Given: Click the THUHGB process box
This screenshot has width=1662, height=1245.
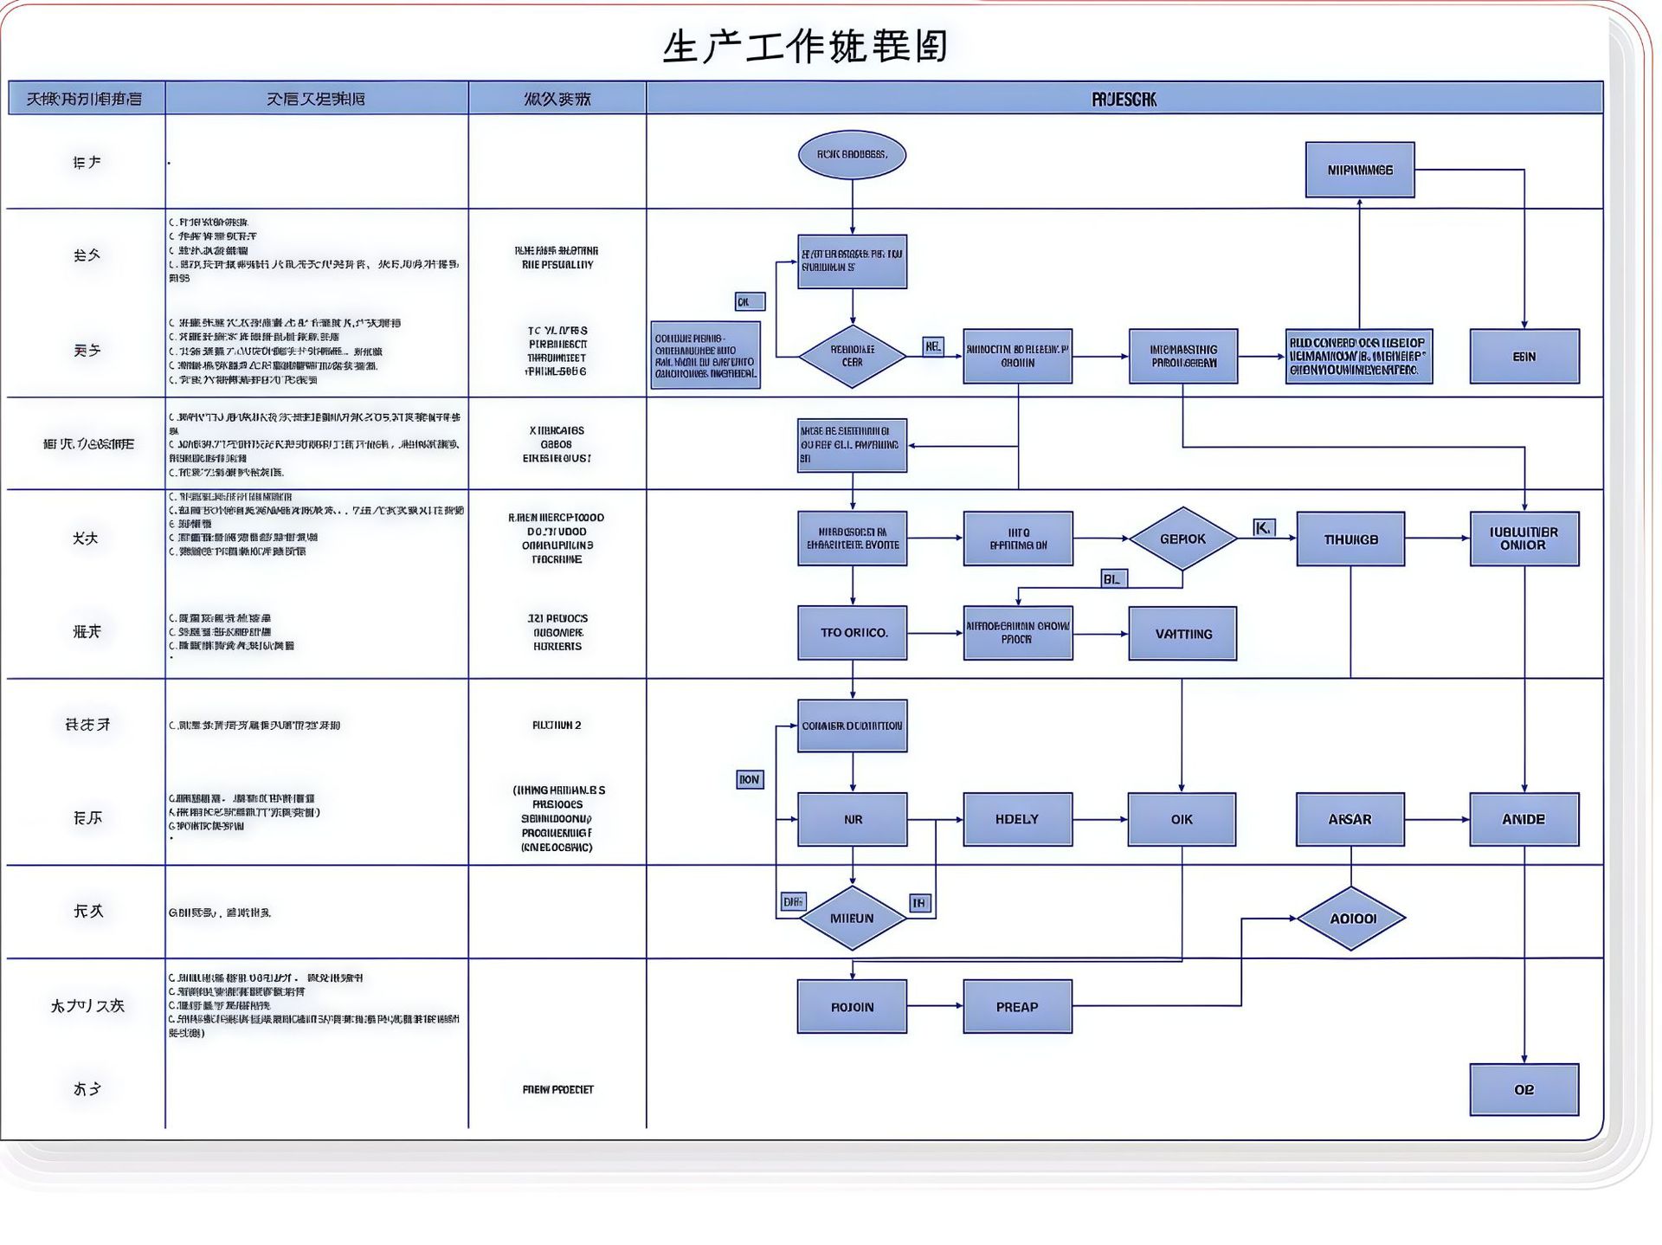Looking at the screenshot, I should click(x=1350, y=539).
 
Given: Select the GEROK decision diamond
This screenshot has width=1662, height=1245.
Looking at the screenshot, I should click(x=1182, y=539).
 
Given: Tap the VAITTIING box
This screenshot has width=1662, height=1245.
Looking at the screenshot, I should click(x=1182, y=633).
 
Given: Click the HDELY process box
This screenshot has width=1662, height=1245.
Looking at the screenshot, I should click(x=1017, y=819).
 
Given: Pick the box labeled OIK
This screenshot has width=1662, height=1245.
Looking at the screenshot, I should click(x=1182, y=819).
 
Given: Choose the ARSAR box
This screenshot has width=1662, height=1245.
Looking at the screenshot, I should click(x=1350, y=819).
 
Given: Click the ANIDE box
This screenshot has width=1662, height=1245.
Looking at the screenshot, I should click(x=1523, y=819).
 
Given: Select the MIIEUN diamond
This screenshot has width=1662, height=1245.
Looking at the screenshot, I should click(x=853, y=918).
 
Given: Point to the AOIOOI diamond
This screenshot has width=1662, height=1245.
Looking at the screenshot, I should click(x=1351, y=918).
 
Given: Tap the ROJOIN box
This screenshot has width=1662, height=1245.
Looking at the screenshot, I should click(x=852, y=1006).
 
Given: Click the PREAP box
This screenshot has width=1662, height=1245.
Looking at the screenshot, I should click(x=1017, y=1006).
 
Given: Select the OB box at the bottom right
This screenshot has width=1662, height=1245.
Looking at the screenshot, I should click(x=1523, y=1089).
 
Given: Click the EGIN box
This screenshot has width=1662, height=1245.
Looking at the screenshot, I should click(x=1524, y=356).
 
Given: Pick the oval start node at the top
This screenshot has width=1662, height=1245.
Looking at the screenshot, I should click(x=852, y=155).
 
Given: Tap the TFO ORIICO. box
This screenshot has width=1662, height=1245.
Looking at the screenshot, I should click(x=853, y=633).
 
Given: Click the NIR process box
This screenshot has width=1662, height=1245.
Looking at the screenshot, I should click(x=853, y=819).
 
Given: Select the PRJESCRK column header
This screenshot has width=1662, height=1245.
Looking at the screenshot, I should click(x=1124, y=99).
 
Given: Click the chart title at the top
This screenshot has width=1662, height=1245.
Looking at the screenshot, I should click(x=805, y=47).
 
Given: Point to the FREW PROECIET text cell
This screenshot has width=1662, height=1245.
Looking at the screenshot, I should click(x=557, y=1089).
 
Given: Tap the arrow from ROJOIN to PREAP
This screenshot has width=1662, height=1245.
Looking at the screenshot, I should click(x=935, y=1006).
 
